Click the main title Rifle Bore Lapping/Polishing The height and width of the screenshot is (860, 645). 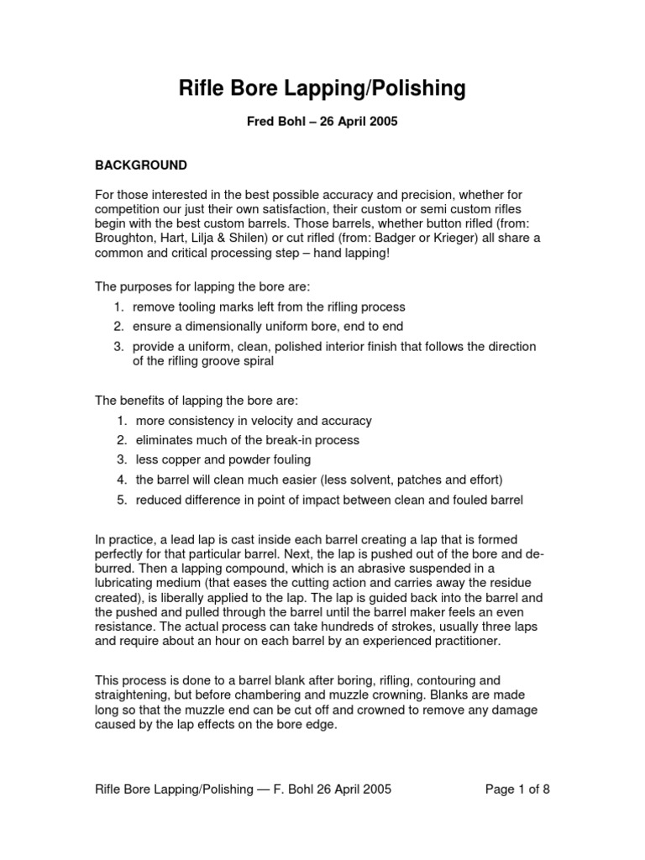tap(322, 88)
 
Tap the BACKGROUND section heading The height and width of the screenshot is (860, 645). tap(140, 165)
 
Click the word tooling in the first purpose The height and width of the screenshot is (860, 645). tap(202, 307)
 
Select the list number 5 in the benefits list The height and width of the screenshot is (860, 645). tap(121, 500)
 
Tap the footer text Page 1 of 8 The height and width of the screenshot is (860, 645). tap(518, 789)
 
